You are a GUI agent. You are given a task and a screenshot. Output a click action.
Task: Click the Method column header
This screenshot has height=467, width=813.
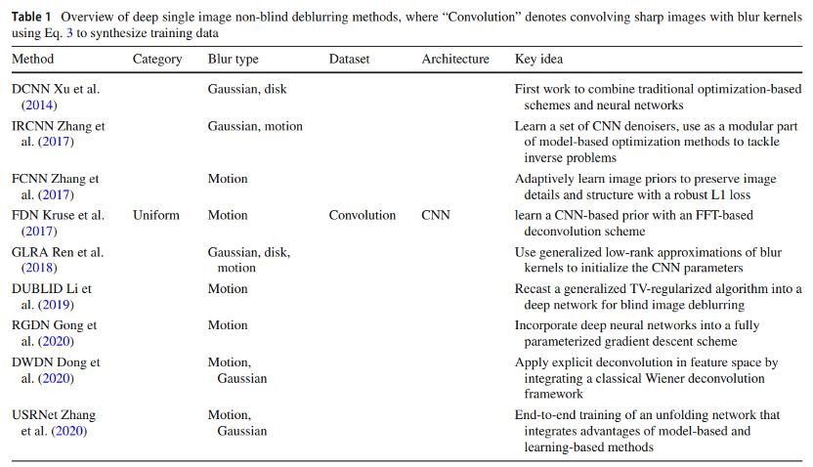(x=32, y=60)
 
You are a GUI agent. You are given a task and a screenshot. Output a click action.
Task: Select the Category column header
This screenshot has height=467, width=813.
(x=157, y=60)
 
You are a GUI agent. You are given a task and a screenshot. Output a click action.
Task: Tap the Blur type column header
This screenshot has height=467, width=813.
(x=233, y=60)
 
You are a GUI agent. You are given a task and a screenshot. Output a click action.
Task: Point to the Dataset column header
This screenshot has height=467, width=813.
(x=349, y=60)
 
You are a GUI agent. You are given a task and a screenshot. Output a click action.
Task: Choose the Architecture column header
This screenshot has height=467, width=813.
(x=455, y=60)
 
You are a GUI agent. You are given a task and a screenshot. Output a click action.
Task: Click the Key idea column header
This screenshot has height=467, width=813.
(x=538, y=60)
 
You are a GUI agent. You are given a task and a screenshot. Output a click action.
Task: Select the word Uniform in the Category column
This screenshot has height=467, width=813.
(x=156, y=215)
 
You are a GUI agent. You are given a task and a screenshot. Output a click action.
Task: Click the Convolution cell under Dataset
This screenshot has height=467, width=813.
(x=362, y=215)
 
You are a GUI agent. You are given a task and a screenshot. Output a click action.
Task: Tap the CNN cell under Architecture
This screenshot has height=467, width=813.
(x=436, y=215)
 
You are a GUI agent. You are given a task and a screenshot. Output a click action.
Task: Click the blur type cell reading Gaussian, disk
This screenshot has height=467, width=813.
(x=246, y=90)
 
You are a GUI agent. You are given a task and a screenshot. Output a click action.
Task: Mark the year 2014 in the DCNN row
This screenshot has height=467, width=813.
(x=40, y=105)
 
